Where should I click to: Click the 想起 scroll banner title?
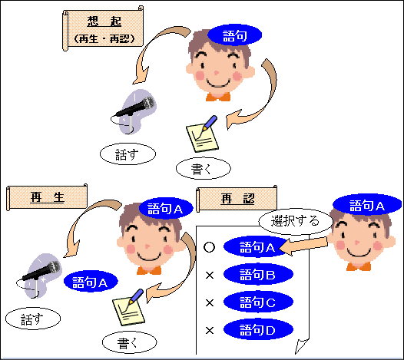(x=103, y=28)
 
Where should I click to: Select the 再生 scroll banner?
(x=47, y=197)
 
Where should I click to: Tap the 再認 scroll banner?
(x=237, y=198)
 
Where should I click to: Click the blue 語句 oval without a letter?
(x=235, y=35)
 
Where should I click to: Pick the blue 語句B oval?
(x=258, y=274)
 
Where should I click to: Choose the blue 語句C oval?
(x=258, y=302)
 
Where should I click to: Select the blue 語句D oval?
(x=258, y=329)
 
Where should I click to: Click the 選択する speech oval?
(x=296, y=221)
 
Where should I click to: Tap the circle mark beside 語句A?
(x=209, y=247)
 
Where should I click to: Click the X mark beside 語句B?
(x=210, y=276)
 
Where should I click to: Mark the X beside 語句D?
(x=210, y=330)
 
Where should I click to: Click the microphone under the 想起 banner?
(x=134, y=111)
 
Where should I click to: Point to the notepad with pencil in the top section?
(x=203, y=134)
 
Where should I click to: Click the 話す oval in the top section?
(x=127, y=154)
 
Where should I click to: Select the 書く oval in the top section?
(x=204, y=168)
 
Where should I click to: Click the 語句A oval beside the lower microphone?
(x=91, y=282)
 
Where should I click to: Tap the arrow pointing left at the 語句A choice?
(x=303, y=246)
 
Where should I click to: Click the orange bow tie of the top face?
(x=218, y=97)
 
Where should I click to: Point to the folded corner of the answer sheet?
(x=302, y=346)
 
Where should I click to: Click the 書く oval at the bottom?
(x=130, y=342)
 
